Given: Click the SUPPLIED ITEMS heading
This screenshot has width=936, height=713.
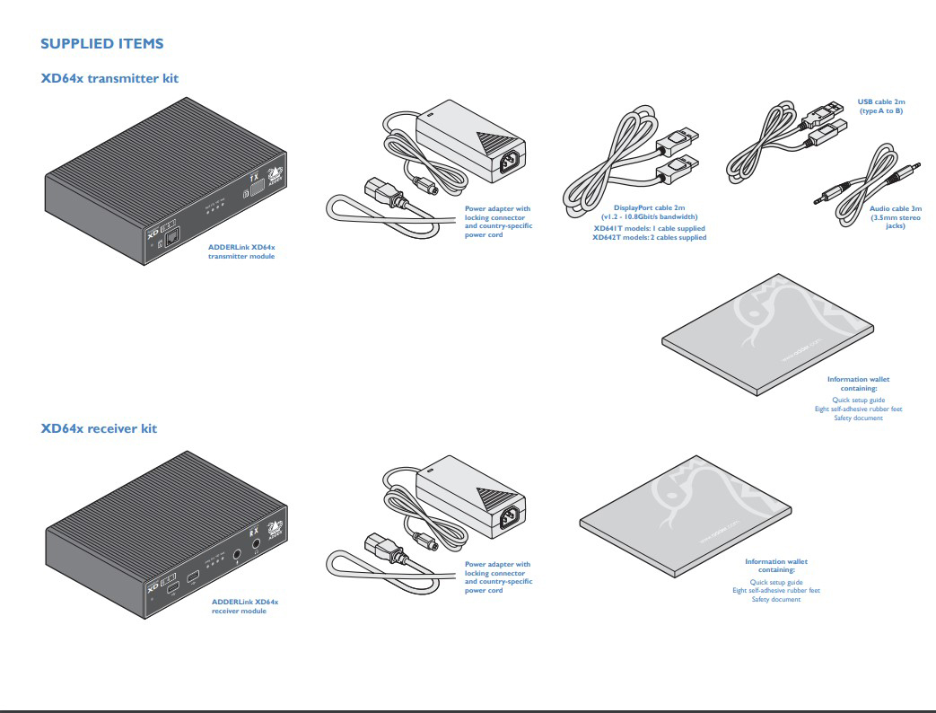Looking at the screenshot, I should (102, 43).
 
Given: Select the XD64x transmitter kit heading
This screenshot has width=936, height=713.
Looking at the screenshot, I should (109, 78).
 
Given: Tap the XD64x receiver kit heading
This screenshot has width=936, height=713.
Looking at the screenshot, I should (99, 428).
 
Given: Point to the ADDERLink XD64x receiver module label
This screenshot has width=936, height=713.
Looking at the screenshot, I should (244, 605).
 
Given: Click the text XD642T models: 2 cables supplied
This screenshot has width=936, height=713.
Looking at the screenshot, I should (649, 238).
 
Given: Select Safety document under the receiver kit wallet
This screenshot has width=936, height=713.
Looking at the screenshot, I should (775, 599).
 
